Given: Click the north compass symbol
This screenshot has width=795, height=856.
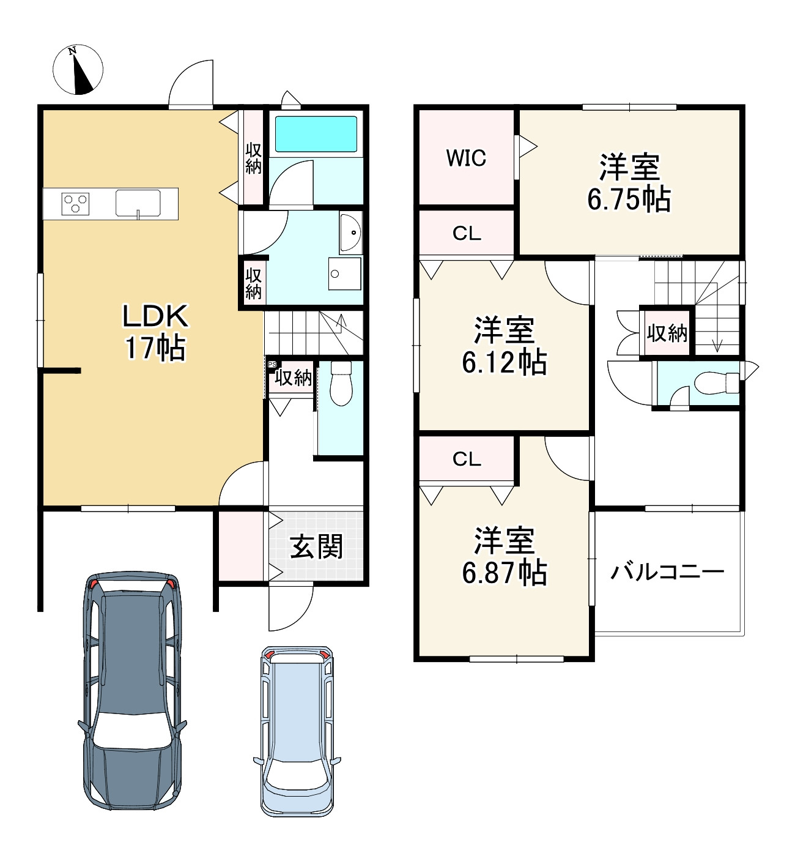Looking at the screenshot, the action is [x=78, y=69].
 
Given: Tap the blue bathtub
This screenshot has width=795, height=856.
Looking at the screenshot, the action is [x=316, y=133].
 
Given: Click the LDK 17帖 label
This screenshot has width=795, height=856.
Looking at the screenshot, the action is [x=155, y=332].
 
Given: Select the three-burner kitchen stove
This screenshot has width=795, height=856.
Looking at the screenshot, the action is [x=75, y=203].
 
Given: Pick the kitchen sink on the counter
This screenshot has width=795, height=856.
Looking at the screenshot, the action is [x=138, y=203].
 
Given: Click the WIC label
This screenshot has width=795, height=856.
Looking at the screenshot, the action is [x=466, y=158].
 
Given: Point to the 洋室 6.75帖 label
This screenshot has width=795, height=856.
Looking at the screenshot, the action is [x=629, y=183].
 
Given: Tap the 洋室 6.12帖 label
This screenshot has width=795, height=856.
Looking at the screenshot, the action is [x=504, y=346].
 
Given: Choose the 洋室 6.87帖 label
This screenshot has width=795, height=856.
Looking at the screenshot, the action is [x=505, y=556].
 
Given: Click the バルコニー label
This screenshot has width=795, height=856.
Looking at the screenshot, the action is [x=667, y=572].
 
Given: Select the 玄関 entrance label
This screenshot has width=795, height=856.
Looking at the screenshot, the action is [x=316, y=546].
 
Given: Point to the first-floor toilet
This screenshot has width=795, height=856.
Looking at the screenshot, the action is [x=341, y=383].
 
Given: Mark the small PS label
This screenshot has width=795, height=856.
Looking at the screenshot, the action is [x=272, y=365].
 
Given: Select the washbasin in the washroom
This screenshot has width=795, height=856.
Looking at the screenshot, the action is [x=351, y=233].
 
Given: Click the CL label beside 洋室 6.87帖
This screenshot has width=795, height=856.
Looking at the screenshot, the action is [x=467, y=459].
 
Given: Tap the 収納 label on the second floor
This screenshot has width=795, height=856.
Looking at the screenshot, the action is [x=667, y=333].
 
